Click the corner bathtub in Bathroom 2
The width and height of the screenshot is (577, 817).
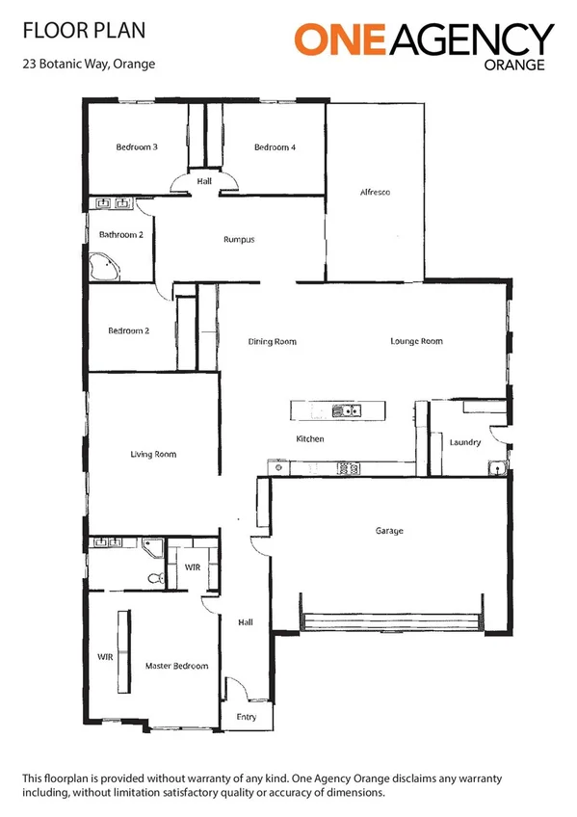[103, 267]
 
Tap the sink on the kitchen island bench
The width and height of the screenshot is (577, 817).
[345, 411]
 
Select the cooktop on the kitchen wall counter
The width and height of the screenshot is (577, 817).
[348, 469]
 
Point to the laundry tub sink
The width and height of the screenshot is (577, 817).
[496, 468]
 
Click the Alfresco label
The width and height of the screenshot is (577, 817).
[375, 193]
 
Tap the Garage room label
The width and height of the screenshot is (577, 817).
[389, 531]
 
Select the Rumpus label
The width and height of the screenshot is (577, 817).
[239, 240]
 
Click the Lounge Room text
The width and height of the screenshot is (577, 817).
[416, 341]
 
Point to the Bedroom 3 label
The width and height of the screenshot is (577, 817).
[137, 146]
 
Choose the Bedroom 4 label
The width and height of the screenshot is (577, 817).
[275, 146]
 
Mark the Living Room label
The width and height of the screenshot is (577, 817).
[153, 454]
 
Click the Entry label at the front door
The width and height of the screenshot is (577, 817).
[247, 717]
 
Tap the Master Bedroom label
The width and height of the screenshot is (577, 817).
[176, 666]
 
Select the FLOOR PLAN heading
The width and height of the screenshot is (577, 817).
[84, 31]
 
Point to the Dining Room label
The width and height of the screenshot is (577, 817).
[272, 341]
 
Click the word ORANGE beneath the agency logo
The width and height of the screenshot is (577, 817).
[518, 66]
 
